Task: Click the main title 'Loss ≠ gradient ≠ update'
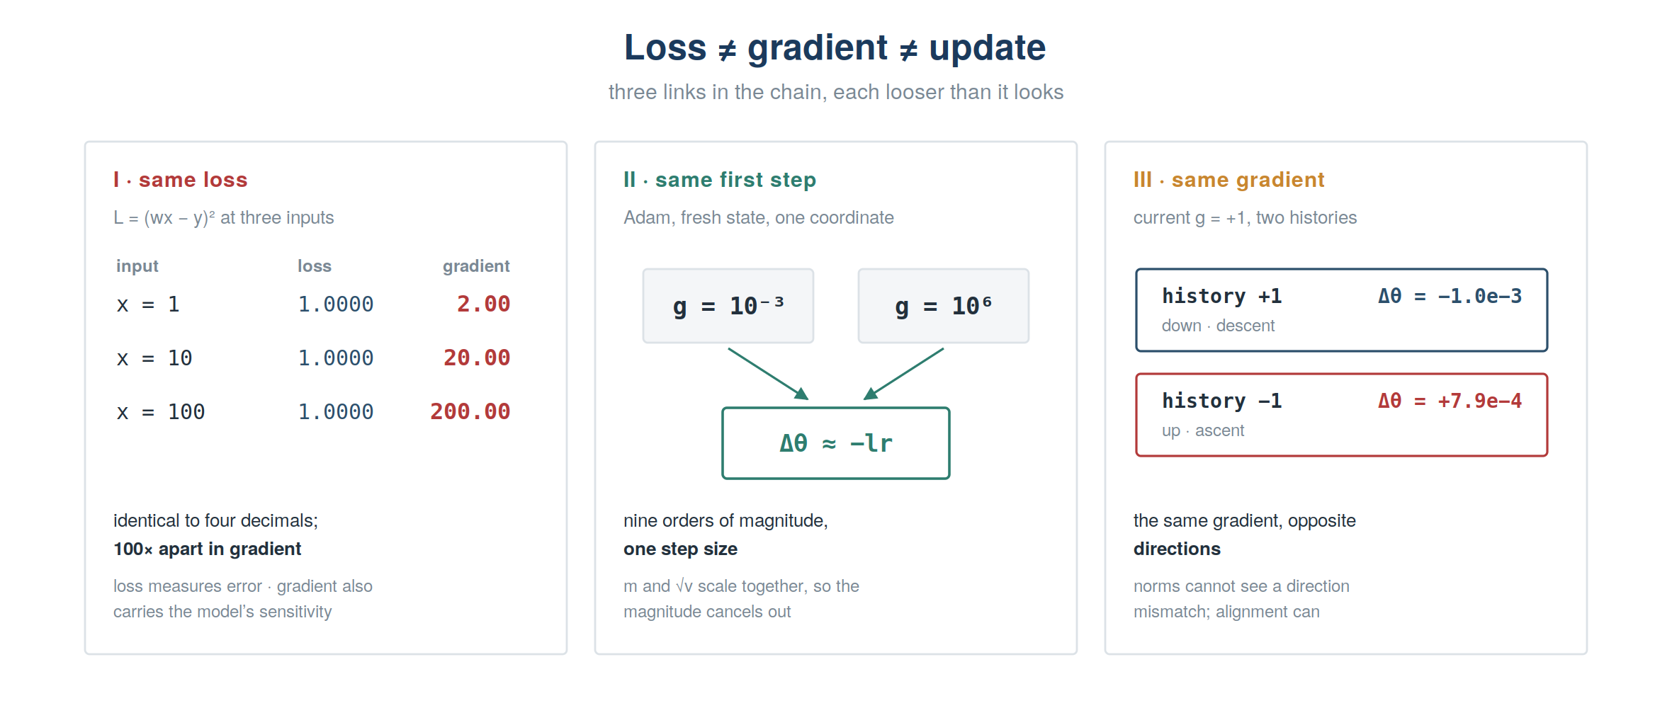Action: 835,48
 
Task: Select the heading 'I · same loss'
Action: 181,180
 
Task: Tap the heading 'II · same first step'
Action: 720,180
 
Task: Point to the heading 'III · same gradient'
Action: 1228,180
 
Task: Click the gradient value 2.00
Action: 483,304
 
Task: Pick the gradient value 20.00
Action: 477,358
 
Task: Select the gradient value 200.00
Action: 470,411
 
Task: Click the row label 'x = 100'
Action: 161,411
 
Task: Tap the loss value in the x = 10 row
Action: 335,358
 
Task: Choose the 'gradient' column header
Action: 476,266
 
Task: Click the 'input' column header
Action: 137,266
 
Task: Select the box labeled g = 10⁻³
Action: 728,306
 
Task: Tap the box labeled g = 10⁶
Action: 944,306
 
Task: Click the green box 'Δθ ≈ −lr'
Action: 836,443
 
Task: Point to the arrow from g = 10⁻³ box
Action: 768,374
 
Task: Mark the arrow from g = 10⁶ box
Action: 904,374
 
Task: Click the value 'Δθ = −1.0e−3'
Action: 1450,296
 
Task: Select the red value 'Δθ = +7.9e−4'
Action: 1450,401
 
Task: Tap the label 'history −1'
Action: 1222,401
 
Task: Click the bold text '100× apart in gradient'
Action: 208,549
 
